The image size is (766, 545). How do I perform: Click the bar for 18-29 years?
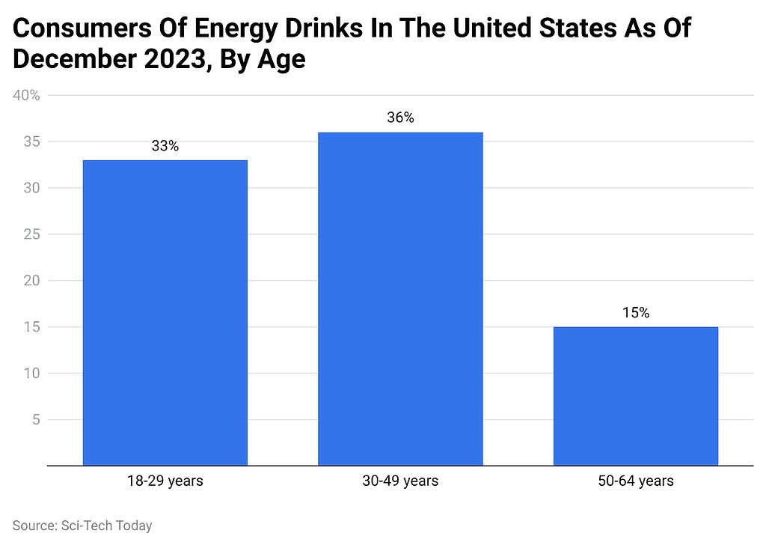(165, 312)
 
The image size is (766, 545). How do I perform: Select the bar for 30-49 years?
(400, 299)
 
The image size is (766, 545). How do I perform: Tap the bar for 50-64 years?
(635, 396)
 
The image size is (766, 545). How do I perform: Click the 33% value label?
(165, 146)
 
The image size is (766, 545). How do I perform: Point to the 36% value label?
(400, 118)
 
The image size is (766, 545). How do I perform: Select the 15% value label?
(635, 313)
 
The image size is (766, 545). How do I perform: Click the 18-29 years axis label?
(165, 481)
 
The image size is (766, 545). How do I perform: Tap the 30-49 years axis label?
(400, 481)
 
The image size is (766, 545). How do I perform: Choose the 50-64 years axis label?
(635, 481)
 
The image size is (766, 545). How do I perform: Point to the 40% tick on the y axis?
(27, 95)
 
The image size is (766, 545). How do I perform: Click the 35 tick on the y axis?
(31, 141)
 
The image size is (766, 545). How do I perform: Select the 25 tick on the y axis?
(31, 234)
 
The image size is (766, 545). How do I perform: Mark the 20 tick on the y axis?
(31, 281)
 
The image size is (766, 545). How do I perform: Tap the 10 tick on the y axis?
(31, 373)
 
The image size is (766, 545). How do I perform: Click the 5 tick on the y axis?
(35, 419)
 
